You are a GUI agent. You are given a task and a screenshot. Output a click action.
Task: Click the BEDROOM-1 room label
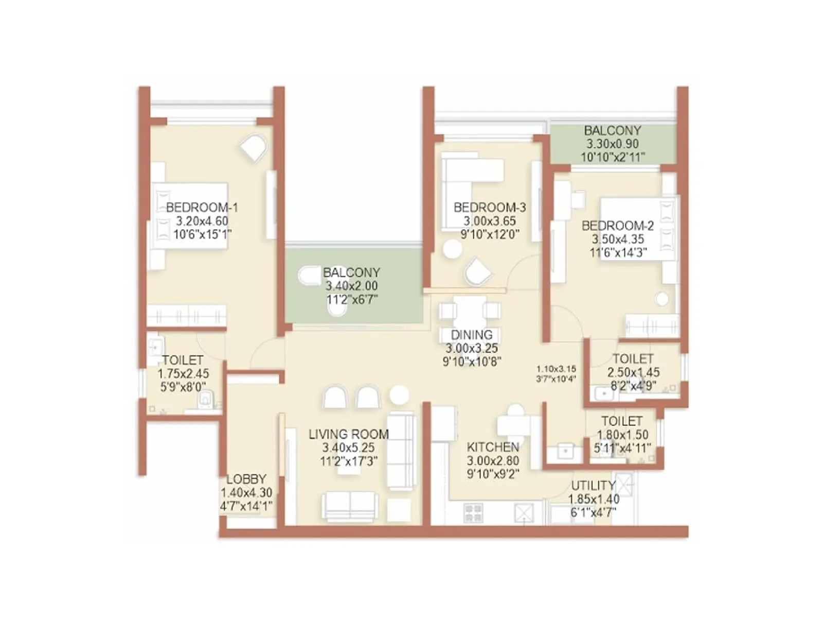coord(202,207)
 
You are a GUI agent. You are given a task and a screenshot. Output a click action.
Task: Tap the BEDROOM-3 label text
coord(490,207)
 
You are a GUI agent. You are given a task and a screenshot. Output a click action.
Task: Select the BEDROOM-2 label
coord(618,226)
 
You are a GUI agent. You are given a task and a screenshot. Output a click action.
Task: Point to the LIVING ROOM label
coord(349,434)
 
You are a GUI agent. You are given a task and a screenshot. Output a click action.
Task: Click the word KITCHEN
coord(493,447)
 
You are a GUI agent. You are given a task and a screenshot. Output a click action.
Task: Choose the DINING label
coord(472,335)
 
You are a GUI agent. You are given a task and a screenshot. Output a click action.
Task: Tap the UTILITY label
coord(593,486)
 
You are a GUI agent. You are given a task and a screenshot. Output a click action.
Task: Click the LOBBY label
coord(246,479)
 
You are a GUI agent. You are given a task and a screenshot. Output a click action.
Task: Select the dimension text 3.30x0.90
coord(613,144)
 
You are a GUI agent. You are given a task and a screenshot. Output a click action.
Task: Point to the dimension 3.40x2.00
coord(351,286)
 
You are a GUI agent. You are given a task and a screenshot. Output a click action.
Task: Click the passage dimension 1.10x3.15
coord(556,369)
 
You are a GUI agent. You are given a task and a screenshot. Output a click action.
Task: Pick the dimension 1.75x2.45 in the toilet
coord(183,373)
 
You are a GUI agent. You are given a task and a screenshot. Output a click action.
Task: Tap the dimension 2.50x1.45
coord(633,372)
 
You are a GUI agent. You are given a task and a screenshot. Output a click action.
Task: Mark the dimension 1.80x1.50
coord(622,435)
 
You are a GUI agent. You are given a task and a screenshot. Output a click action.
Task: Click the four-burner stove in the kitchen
coord(473,512)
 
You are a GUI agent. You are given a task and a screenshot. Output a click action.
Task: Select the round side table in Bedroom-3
coord(452,249)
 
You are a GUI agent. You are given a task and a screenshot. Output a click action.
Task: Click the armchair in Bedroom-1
coord(254,147)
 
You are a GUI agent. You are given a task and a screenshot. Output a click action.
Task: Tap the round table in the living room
coord(399,395)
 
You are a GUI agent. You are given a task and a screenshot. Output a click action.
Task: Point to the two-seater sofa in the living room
coord(349,507)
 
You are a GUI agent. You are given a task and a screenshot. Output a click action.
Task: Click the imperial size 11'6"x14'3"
coord(618,252)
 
